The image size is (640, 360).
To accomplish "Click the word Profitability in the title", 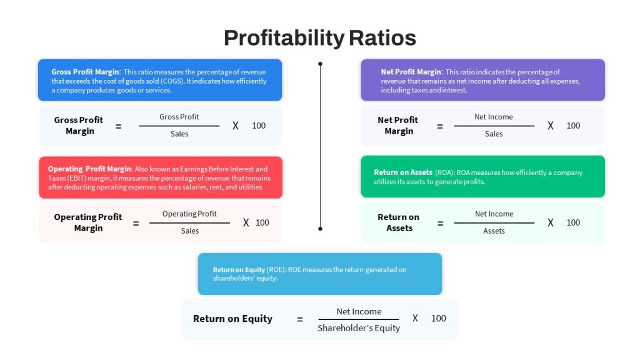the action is pos(284,38).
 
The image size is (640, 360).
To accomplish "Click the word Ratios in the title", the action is pos(382,38).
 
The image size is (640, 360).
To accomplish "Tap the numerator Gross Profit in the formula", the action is pos(179,117).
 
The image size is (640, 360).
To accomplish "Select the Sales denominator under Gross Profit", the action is pos(179,134).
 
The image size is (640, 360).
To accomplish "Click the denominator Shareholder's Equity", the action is pos(359,328).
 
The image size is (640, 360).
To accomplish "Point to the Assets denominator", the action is pos(494,231).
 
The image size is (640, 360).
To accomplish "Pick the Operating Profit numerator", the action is pos(189,214).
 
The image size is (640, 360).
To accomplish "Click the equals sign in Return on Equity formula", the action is pos(300,319).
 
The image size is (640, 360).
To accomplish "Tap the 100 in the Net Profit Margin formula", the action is pos(573,126).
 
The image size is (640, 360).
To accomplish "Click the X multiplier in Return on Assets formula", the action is pos(551,223).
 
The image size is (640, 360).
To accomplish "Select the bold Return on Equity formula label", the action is pos(232,319).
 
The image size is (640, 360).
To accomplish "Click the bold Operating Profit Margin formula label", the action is pos(88,222).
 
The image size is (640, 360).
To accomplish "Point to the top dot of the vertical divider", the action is pos(321,64).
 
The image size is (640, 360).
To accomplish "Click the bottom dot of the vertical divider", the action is pos(321,229).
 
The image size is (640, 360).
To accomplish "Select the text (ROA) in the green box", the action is pos(444,172).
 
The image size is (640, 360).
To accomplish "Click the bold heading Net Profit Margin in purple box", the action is pos(411,72).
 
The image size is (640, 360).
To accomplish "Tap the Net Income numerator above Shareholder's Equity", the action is pos(359,311).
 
